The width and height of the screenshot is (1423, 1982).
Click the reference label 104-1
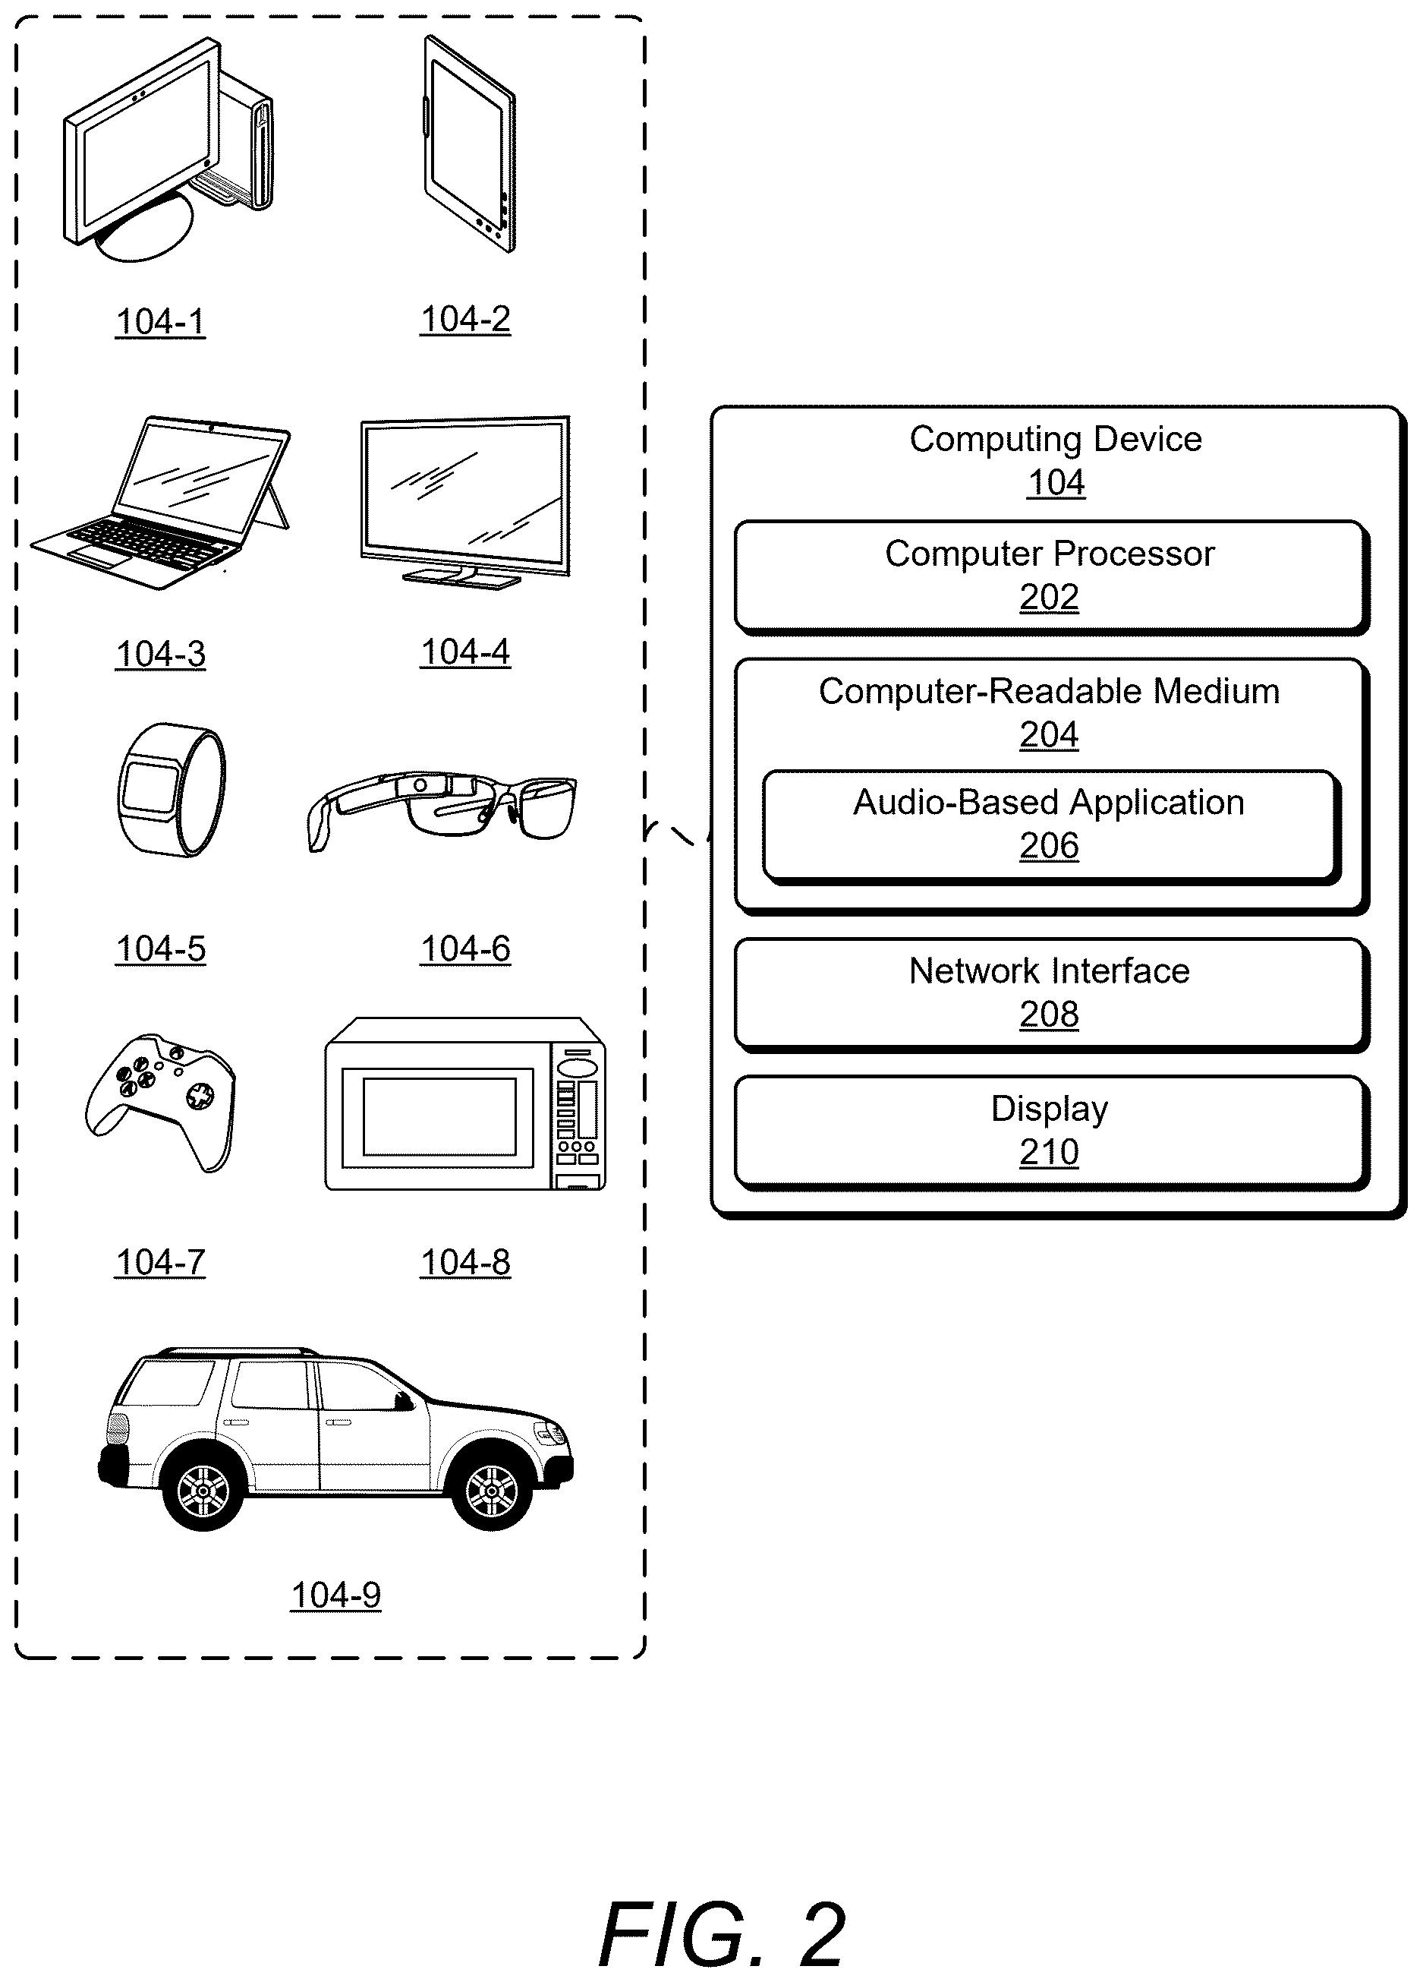point(161,321)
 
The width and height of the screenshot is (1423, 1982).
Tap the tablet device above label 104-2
point(469,144)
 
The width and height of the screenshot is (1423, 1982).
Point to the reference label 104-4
point(465,652)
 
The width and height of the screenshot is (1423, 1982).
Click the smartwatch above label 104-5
point(172,789)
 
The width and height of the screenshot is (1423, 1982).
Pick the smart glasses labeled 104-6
point(442,810)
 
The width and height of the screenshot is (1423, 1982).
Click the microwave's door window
point(439,1117)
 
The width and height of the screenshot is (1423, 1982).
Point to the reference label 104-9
point(336,1595)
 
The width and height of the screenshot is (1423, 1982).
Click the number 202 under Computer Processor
point(1049,598)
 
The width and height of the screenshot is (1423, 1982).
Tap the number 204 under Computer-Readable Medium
point(1049,735)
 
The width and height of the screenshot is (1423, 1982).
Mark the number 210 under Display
point(1049,1153)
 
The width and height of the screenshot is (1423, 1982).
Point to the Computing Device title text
point(1055,439)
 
